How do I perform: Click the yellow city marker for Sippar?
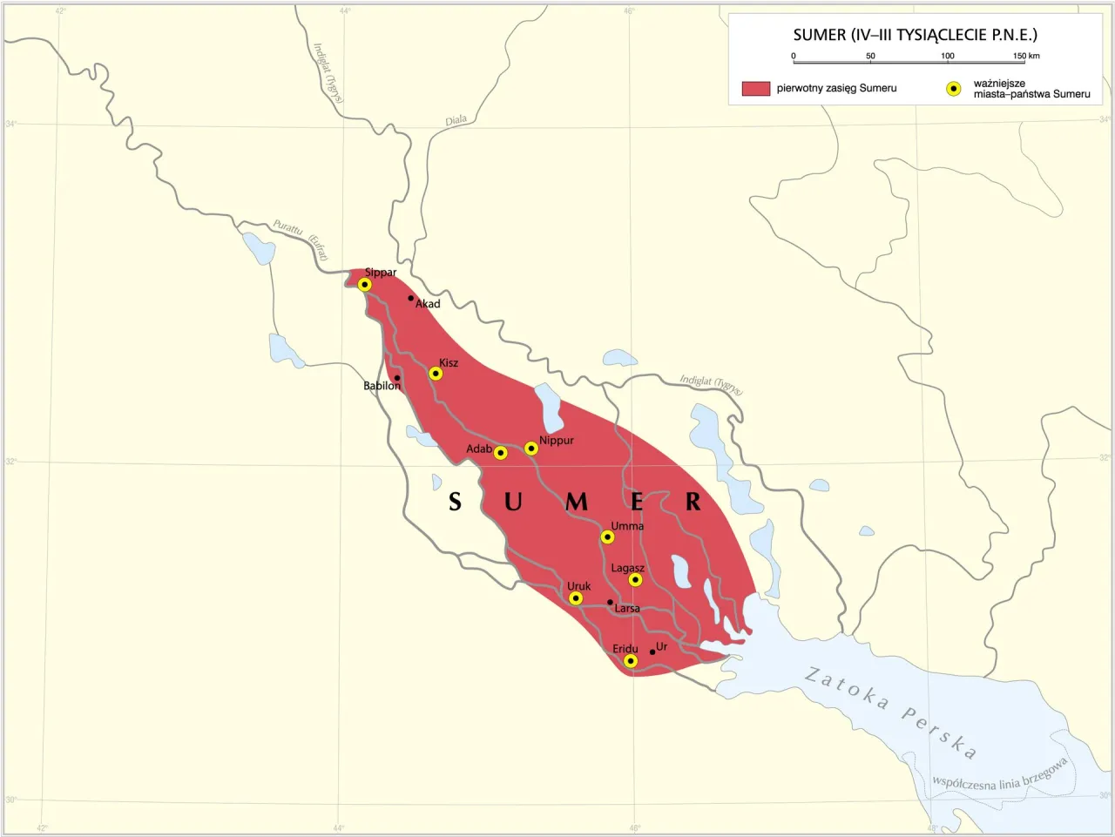(365, 285)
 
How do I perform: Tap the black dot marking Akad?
(411, 298)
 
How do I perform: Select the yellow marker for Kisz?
(436, 374)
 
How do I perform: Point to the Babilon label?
(382, 386)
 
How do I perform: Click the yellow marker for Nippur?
(531, 449)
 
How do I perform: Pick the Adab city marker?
(501, 453)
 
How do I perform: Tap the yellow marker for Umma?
(608, 537)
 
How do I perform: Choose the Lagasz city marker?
(636, 580)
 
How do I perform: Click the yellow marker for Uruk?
(576, 598)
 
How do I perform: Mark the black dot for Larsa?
(610, 602)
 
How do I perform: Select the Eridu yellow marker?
(631, 662)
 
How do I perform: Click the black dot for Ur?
(652, 651)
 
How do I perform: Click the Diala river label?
(456, 120)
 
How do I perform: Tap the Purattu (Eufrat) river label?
(301, 239)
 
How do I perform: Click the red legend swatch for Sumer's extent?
(755, 88)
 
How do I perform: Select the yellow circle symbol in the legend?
(954, 89)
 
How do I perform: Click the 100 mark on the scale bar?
(948, 57)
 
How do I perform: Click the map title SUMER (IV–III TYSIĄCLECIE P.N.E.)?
(915, 35)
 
